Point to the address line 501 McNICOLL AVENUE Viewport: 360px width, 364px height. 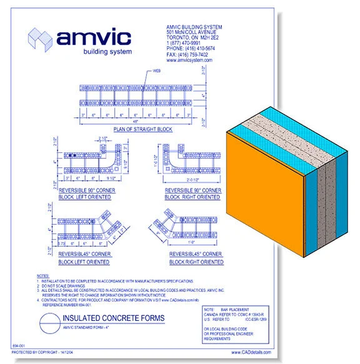pos(189,32)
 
